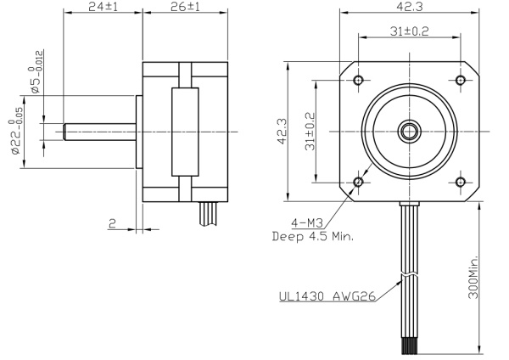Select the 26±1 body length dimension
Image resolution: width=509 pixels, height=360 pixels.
184,7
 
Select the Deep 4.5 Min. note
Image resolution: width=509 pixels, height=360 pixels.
313,237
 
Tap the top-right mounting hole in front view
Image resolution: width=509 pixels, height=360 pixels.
461,80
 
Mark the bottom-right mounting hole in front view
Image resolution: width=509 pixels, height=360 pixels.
461,182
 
